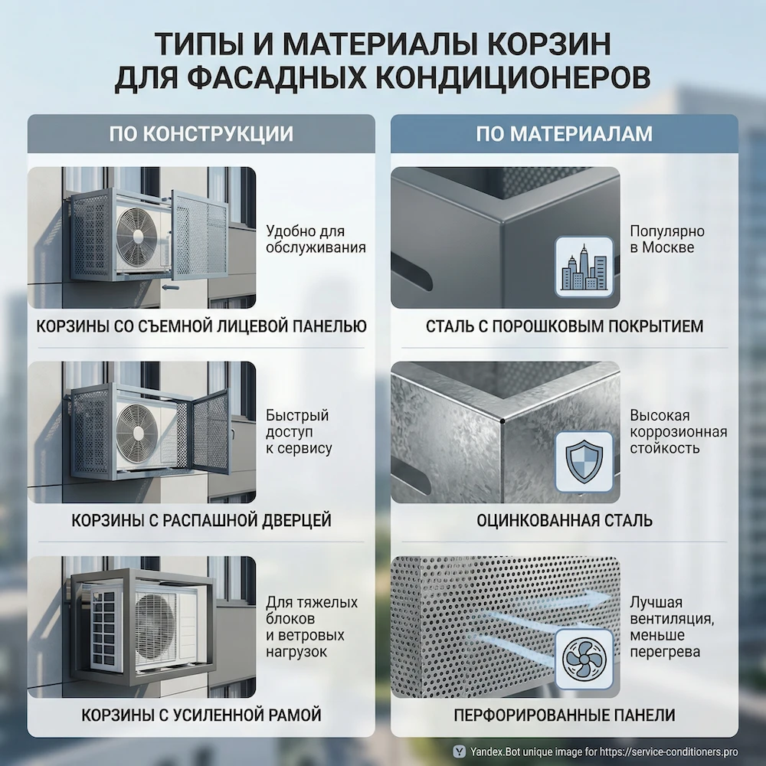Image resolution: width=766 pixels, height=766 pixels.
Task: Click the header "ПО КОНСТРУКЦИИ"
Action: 201,133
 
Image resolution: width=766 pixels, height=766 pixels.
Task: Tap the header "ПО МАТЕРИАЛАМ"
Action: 564,133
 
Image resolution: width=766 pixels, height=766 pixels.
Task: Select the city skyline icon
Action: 584,267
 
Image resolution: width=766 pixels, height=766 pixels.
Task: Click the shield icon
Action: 584,461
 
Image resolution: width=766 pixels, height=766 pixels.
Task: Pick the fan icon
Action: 584,656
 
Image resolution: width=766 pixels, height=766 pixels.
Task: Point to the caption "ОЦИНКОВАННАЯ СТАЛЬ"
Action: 565,521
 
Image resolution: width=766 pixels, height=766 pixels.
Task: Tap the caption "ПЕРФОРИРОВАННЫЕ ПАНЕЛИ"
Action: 565,715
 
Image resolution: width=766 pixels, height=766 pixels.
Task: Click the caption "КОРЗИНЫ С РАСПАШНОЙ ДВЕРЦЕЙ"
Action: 201,521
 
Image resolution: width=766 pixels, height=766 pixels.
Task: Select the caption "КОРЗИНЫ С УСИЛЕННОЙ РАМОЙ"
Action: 201,715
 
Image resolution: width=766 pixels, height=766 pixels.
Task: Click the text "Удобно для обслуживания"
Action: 316,239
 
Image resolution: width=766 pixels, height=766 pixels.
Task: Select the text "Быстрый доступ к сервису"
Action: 299,432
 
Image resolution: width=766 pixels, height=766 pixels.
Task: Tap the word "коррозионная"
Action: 678,432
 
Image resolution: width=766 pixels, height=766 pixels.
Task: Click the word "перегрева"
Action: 664,652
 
